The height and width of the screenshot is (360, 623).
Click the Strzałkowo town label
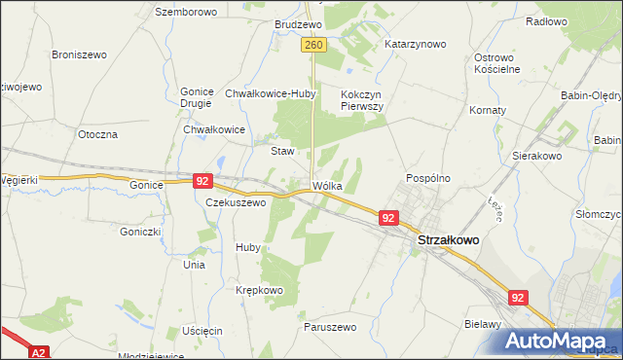click(x=448, y=239)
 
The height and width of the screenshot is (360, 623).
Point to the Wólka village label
click(x=328, y=185)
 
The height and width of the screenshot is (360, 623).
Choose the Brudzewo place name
click(x=298, y=23)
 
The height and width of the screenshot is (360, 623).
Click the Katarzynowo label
click(x=415, y=44)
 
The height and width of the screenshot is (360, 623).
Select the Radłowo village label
click(x=545, y=20)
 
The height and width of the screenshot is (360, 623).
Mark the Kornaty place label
click(x=488, y=110)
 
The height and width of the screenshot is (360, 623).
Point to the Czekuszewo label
click(x=236, y=202)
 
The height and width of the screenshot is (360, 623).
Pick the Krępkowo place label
click(x=258, y=290)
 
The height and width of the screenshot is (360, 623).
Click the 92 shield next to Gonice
click(x=202, y=181)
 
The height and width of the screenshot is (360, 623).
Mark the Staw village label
click(x=281, y=151)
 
